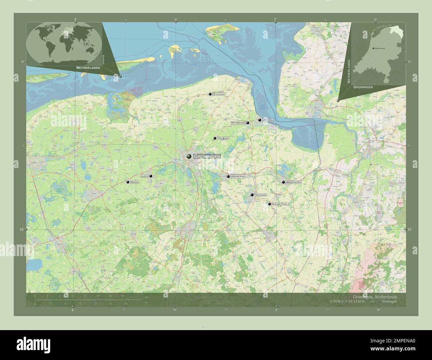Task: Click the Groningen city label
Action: point(207,156)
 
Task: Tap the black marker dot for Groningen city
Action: point(189,156)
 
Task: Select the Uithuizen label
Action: point(219,94)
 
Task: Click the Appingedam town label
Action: point(238,123)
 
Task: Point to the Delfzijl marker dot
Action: point(260,120)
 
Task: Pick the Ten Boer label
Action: point(223,138)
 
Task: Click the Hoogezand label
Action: point(238,176)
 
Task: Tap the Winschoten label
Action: point(293,182)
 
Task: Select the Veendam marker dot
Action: point(252,195)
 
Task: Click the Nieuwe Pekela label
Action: point(281,204)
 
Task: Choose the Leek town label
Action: point(145,176)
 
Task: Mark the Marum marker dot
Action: point(127,182)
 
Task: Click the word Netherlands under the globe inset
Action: point(88,67)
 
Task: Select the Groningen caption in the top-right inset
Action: point(363,87)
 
